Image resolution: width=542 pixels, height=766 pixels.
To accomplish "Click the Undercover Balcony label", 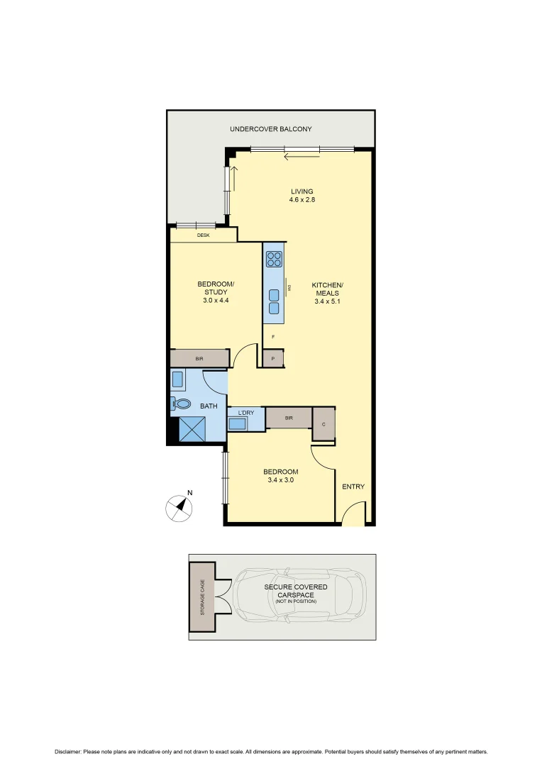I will pos(270,129).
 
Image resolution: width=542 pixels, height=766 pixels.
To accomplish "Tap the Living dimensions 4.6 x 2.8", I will pos(302,200).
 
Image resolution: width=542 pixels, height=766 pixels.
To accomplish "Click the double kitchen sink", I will pos(274,301).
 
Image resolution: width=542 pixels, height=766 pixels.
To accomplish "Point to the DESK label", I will pos(203,235).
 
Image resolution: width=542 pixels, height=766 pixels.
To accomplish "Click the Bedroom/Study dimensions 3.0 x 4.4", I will pos(215,300).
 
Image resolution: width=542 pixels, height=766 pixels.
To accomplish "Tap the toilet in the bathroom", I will pos(182,404).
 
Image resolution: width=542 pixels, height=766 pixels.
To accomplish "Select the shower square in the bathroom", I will pos(191,428).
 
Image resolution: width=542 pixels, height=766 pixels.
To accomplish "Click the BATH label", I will pos(209,406).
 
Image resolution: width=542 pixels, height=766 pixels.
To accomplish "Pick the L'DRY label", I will pos(245,412).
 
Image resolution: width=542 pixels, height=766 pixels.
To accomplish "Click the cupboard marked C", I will pos(323,424).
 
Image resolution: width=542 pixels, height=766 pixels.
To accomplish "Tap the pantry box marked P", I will pos(273,360).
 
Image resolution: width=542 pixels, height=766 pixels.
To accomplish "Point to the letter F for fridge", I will pos(273,337).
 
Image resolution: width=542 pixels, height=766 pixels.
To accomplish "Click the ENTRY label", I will pos(353,487).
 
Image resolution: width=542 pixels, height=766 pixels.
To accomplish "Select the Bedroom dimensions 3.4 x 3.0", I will pos(280,480).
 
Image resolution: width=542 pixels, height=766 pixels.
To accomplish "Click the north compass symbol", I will pos(180,506).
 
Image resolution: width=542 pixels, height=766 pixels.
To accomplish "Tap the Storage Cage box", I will pos(202,596).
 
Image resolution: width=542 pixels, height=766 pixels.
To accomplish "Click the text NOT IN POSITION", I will pos(296,601).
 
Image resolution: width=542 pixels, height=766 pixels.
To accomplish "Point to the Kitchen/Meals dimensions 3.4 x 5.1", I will pos(327,301).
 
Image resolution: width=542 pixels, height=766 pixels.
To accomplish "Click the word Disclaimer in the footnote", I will pos(68,752).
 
